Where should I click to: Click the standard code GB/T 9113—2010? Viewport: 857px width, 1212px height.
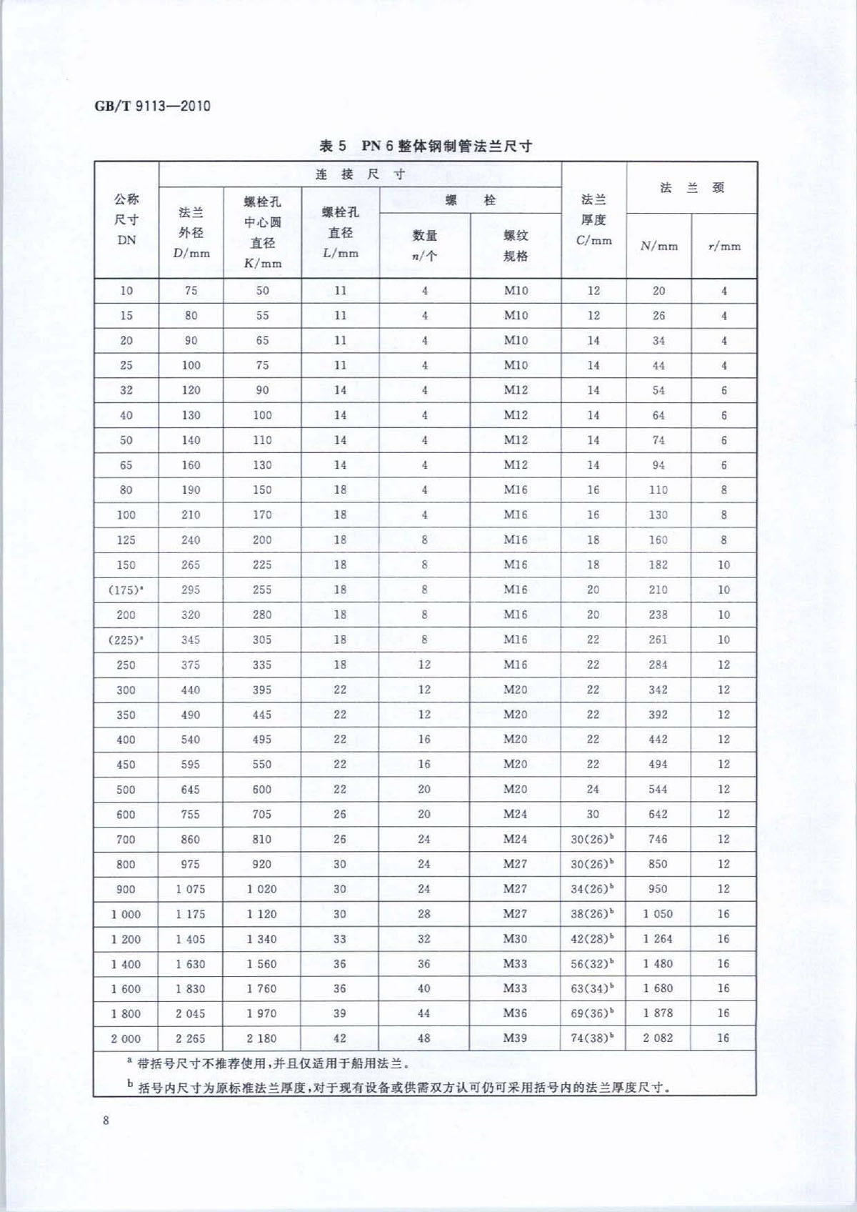152,106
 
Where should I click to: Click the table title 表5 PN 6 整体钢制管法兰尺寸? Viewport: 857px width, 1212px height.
426,146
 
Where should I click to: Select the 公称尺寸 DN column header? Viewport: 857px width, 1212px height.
126,219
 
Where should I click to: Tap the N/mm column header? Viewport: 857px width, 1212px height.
658,246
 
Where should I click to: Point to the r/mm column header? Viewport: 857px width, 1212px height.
723,246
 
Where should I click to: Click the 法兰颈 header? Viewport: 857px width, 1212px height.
691,188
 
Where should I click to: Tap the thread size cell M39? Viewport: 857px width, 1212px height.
515,1038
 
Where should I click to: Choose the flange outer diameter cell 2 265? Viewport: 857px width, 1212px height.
191,1038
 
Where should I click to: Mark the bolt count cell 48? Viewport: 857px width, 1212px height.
424,1038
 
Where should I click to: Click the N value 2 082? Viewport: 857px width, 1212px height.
658,1038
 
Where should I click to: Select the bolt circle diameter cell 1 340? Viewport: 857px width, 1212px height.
262,939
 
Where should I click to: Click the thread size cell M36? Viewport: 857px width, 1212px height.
515,1013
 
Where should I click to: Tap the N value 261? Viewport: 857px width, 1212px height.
658,640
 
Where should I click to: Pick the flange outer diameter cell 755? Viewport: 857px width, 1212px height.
191,814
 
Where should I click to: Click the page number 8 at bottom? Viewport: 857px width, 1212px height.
106,1120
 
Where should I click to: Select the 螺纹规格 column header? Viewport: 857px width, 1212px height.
515,245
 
